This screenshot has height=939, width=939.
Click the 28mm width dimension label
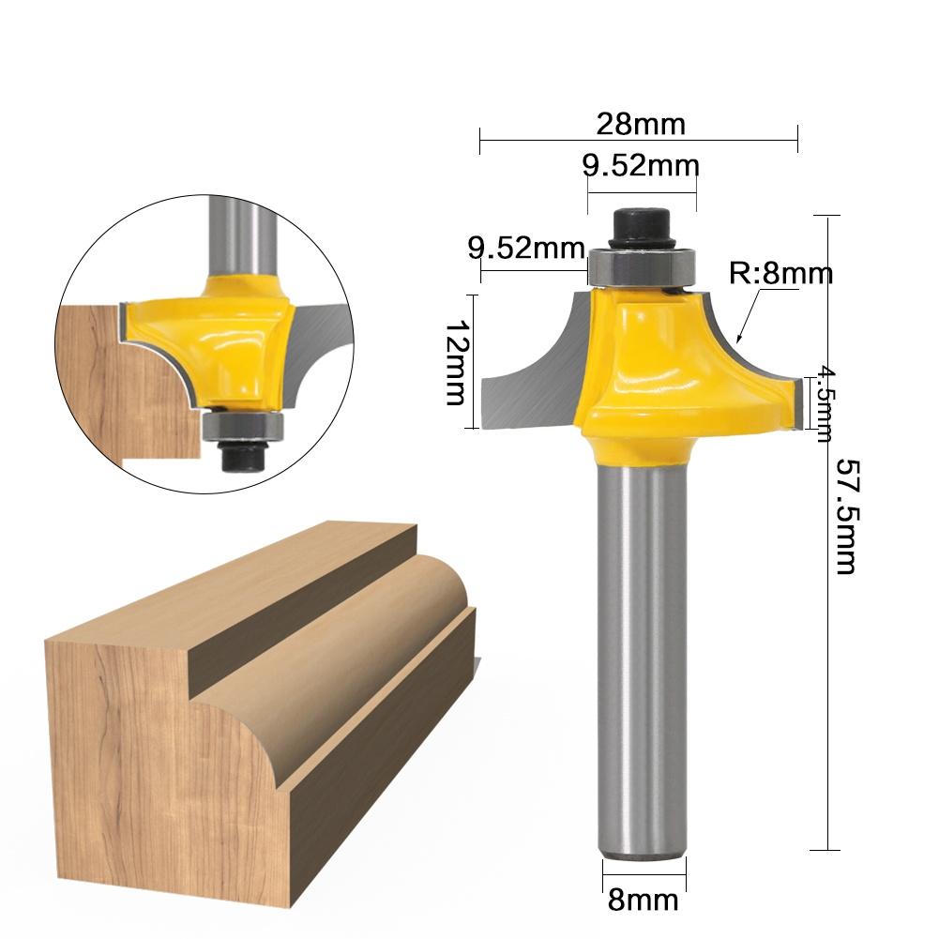641,123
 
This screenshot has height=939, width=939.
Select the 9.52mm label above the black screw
641,166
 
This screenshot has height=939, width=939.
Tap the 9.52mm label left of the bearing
526,249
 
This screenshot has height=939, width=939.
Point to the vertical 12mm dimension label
455,362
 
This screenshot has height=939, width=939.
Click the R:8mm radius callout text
781,274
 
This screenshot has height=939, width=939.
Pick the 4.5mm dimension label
823,402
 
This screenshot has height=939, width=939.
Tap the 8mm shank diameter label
643,901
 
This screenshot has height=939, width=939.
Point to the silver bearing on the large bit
642,267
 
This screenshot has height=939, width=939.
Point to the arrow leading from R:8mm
748,318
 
